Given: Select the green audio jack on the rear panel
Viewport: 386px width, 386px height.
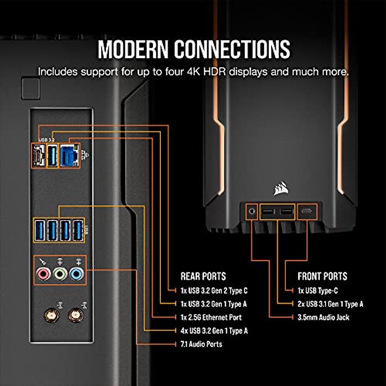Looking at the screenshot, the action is click(x=60, y=274).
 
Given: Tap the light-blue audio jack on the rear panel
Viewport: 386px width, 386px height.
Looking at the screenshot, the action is click(x=76, y=274).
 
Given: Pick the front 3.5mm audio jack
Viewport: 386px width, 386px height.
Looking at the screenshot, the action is click(x=252, y=211).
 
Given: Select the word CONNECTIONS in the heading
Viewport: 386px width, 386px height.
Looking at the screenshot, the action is click(x=232, y=49).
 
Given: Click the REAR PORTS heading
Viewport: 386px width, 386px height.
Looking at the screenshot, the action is click(x=203, y=276).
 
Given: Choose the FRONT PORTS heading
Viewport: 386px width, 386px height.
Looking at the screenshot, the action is click(x=322, y=276).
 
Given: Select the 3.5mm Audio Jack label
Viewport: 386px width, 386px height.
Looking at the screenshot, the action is click(x=323, y=317).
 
